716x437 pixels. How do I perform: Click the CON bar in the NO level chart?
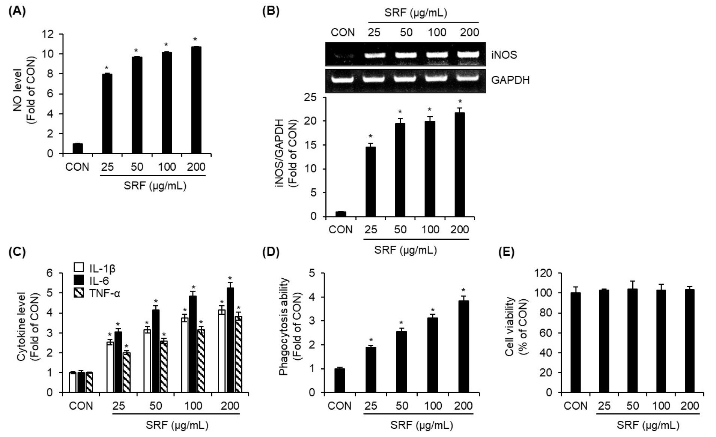tap(78, 149)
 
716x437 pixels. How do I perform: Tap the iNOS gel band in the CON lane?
tap(342, 55)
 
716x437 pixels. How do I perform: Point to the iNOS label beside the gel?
tap(504, 55)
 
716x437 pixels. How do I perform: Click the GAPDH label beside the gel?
tap(510, 80)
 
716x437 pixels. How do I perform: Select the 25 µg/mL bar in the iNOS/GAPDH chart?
tap(370, 182)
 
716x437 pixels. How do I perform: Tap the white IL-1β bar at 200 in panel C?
tap(222, 351)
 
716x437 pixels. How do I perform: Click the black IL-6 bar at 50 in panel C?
tap(156, 351)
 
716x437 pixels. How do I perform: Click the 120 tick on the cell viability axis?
tap(544, 273)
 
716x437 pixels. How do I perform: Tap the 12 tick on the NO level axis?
tap(48, 35)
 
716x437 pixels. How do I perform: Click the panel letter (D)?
tap(271, 252)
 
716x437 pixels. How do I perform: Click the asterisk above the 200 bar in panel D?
tap(463, 290)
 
